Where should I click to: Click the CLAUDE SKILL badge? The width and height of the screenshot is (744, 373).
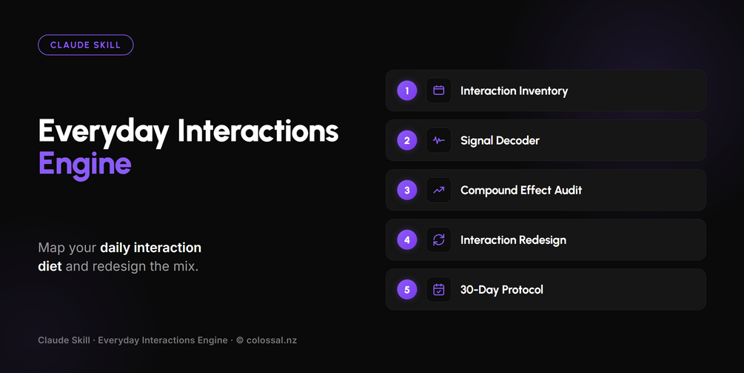click(x=85, y=45)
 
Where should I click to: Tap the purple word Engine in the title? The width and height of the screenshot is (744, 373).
click(x=85, y=165)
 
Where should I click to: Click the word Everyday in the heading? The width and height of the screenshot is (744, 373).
click(x=104, y=131)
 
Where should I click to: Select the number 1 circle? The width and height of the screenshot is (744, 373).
click(x=407, y=90)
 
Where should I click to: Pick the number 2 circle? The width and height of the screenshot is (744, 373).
click(x=407, y=141)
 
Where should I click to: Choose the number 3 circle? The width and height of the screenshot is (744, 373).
click(x=407, y=190)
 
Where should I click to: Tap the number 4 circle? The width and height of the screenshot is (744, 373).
click(x=407, y=240)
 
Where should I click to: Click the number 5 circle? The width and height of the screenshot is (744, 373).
click(x=407, y=290)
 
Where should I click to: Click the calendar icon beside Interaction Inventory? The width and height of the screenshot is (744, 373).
click(x=439, y=90)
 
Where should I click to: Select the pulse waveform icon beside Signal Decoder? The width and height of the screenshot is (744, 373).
click(x=439, y=141)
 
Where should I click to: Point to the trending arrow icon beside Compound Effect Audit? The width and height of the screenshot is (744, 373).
click(x=439, y=190)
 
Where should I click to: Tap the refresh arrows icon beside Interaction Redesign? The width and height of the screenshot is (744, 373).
click(x=439, y=240)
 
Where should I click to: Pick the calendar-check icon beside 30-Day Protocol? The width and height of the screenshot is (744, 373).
click(x=439, y=290)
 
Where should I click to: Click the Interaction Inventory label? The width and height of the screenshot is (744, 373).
click(x=514, y=91)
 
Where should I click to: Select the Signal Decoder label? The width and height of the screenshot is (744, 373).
click(x=500, y=141)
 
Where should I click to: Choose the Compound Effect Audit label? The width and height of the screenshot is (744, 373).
click(x=521, y=190)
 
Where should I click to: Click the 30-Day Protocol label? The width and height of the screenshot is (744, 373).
click(x=501, y=290)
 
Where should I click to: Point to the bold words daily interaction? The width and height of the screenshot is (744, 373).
click(x=150, y=248)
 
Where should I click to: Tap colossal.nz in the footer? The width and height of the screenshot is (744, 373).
click(x=272, y=340)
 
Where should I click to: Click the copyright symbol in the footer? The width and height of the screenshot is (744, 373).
click(x=240, y=340)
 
